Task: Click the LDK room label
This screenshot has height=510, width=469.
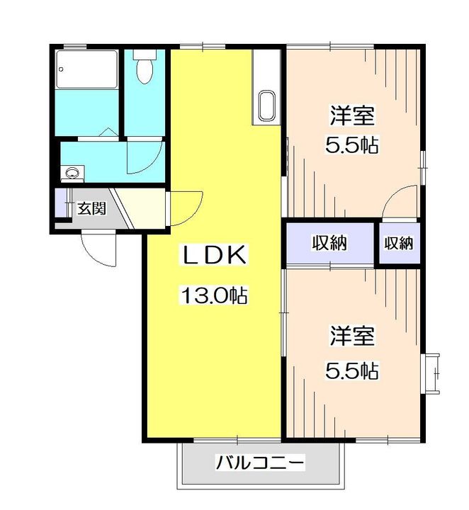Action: (214, 255)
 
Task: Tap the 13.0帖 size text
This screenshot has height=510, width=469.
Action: (214, 295)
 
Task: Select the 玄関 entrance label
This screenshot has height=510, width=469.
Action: (91, 208)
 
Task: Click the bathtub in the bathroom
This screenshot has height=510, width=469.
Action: (87, 69)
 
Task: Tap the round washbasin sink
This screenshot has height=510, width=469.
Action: (72, 172)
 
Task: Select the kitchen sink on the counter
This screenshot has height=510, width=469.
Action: (267, 106)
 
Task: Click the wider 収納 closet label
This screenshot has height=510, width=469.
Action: (330, 242)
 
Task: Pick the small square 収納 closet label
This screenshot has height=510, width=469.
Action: (399, 243)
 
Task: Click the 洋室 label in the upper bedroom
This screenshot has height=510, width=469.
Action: (352, 115)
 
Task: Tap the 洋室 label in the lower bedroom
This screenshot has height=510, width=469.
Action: (352, 336)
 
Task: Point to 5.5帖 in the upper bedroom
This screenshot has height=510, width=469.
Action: (352, 145)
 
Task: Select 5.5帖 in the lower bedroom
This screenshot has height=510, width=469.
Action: (352, 370)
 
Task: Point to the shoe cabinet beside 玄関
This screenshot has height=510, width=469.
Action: (60, 203)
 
